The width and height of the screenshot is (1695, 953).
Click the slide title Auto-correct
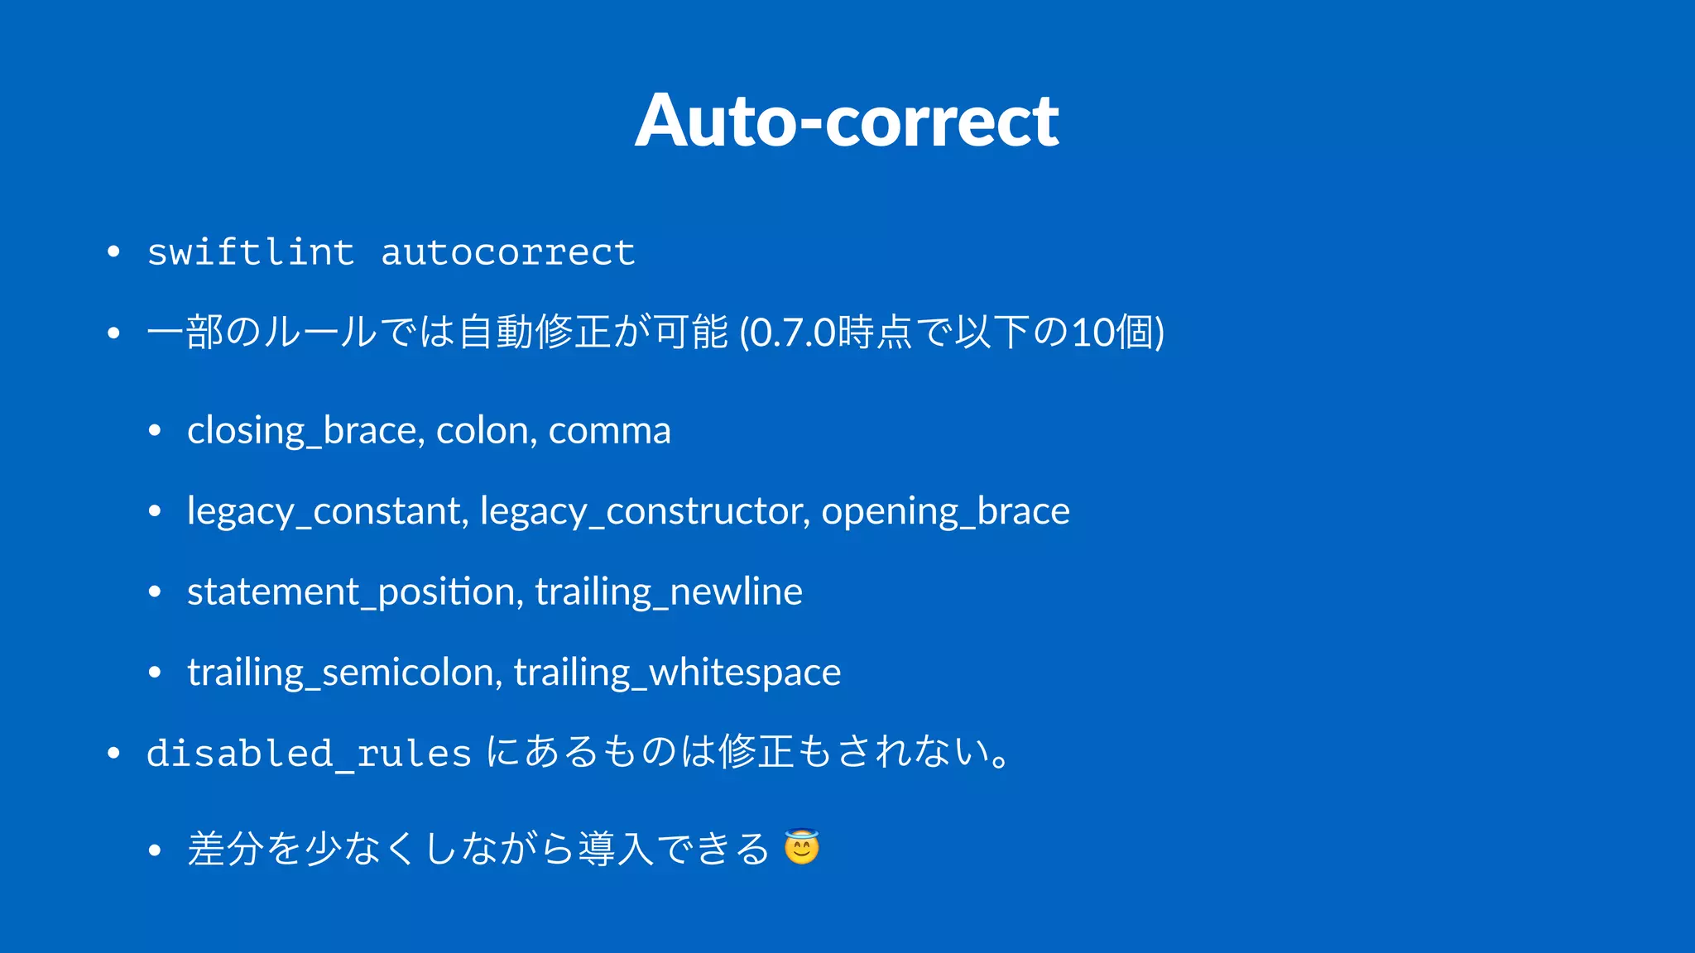click(847, 121)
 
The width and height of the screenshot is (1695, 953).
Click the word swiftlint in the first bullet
click(251, 252)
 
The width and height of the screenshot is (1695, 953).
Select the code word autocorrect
click(507, 252)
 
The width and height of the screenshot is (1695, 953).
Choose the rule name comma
click(609, 431)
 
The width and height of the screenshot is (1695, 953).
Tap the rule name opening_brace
click(945, 511)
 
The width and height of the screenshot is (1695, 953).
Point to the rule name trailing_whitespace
click(677, 673)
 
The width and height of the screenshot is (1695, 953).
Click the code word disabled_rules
click(309, 753)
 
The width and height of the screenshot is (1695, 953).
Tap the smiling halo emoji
click(801, 847)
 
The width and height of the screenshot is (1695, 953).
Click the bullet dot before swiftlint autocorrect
click(114, 251)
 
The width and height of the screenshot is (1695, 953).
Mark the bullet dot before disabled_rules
click(114, 753)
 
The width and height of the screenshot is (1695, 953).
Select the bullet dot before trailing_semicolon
click(155, 672)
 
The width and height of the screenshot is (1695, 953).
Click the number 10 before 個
click(1092, 333)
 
